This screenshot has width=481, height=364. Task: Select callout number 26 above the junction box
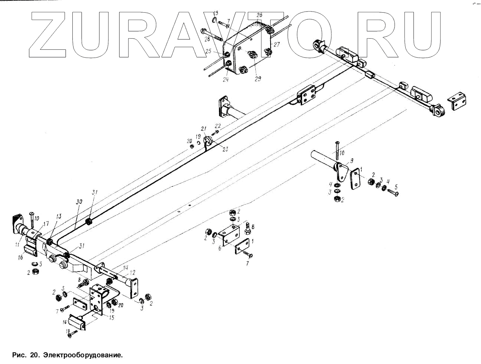pos(259,15)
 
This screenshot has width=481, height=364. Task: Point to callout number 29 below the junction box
pos(258,78)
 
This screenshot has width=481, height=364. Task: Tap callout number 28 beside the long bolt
pos(207,39)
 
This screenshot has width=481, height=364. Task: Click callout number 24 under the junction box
pos(226,79)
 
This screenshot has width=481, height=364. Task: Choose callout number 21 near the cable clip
pos(203,129)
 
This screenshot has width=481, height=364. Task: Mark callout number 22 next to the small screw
pos(217,126)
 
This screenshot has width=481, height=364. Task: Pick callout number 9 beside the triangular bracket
pos(351,160)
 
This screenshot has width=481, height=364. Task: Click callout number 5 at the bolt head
pos(396,186)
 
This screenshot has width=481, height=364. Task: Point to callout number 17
pos(46,224)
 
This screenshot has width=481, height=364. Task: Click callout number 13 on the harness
pos(59,217)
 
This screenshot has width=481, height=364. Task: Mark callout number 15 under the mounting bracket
pos(112,318)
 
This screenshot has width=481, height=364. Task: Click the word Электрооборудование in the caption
pos(82,355)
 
